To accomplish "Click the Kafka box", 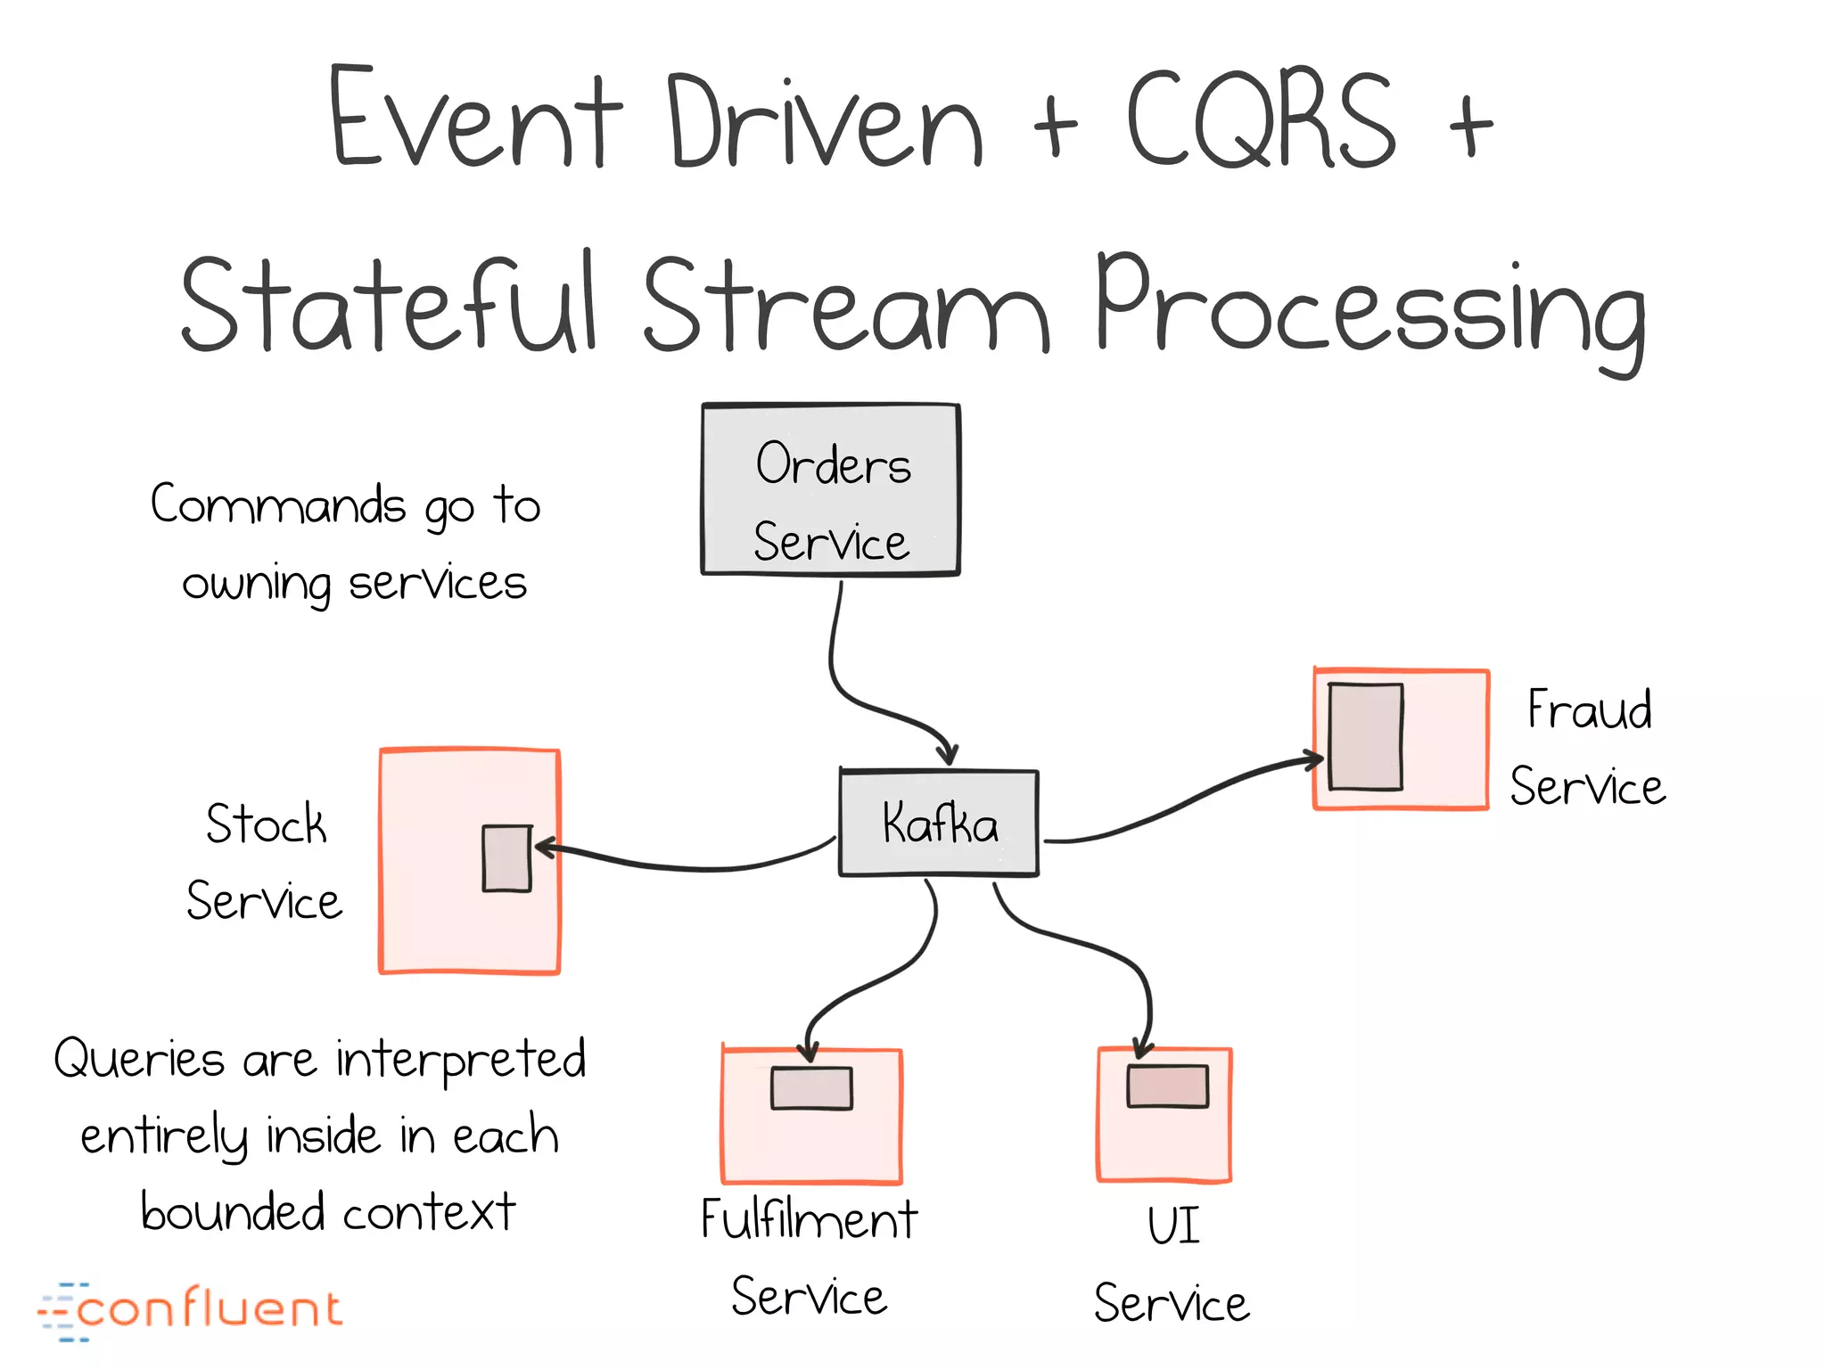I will pyautogui.click(x=938, y=823).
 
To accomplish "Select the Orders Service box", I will pyautogui.click(x=831, y=490).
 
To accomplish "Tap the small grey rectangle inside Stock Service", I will pyautogui.click(x=506, y=857).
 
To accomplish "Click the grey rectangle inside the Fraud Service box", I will pyautogui.click(x=1365, y=736).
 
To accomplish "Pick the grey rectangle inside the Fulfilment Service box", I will pyautogui.click(x=811, y=1088).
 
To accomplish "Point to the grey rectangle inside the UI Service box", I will pyautogui.click(x=1167, y=1086).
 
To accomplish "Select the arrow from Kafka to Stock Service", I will pyautogui.click(x=695, y=865).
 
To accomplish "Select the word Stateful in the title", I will pyautogui.click(x=388, y=303).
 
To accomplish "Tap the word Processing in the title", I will pyautogui.click(x=1369, y=307).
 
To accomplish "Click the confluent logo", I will pyautogui.click(x=189, y=1310).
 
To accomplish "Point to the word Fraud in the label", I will pyautogui.click(x=1589, y=710).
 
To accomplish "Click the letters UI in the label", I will pyautogui.click(x=1172, y=1226).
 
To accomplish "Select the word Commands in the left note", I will pyautogui.click(x=278, y=505).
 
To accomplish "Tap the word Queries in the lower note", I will pyautogui.click(x=138, y=1060).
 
